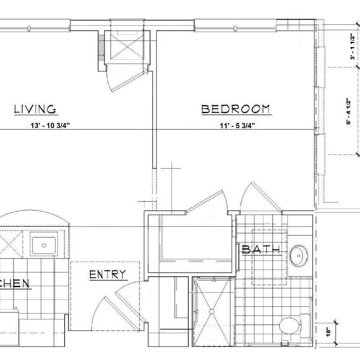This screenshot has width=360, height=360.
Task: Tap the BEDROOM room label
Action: pos(235,109)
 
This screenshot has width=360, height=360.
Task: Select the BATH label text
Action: pos(261,249)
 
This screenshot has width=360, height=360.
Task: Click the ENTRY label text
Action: pos(108,274)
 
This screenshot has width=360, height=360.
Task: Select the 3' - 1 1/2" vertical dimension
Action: pos(353,47)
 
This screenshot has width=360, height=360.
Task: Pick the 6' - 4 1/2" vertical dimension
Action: pos(349,111)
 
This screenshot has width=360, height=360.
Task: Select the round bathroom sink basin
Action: pos(299,256)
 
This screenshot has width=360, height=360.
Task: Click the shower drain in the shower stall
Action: pos(212,311)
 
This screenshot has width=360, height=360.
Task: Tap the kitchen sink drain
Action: pos(44,245)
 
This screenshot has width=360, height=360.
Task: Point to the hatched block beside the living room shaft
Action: pos(101,48)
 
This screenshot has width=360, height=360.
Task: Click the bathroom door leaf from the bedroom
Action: pos(267,196)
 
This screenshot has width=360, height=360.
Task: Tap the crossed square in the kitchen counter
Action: pos(11,244)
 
